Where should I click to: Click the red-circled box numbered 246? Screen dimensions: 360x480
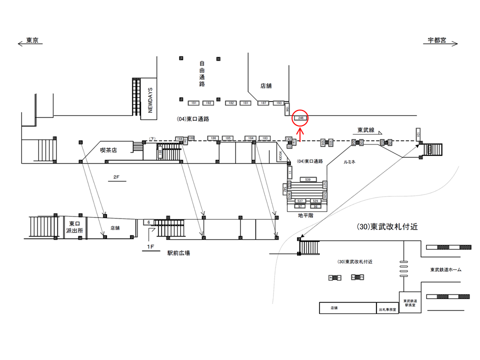tap(300, 118)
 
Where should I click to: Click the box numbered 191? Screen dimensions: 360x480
tap(194, 103)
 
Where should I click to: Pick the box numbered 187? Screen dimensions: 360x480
tap(263, 103)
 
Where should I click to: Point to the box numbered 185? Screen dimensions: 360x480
tap(227, 138)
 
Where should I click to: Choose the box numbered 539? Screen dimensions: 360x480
tap(307, 179)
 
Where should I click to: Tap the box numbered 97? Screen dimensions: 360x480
tap(300, 206)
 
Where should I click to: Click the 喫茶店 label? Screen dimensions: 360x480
tap(108, 149)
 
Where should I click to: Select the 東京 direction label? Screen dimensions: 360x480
tap(32, 40)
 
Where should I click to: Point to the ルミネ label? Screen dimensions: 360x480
tap(350, 162)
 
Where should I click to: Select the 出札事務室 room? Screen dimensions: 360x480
tap(387, 309)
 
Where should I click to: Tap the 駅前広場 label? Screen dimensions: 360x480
tap(178, 253)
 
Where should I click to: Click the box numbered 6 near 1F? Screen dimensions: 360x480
tap(148, 221)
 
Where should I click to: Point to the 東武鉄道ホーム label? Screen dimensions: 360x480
tap(446, 270)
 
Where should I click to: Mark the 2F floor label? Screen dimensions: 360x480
tap(116, 177)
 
